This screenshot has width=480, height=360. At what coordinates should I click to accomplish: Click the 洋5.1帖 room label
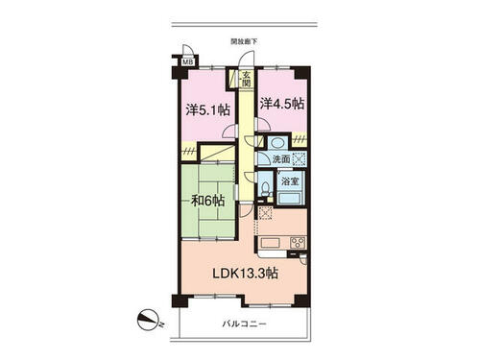point(208,110)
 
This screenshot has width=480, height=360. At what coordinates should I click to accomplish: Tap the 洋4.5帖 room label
point(281,104)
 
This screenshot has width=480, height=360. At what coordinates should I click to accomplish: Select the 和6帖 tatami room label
point(207,201)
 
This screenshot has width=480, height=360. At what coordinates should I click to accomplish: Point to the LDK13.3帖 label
point(246,274)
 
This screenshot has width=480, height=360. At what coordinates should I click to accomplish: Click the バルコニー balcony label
point(245,324)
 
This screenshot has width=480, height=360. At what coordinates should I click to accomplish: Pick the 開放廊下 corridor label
point(244,41)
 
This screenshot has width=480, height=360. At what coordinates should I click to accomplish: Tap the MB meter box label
point(187,61)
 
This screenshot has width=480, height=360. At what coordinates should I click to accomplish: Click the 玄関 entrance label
point(246,80)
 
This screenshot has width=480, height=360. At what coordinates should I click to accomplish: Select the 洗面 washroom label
point(281,159)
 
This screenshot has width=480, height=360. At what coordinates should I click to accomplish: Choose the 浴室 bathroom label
point(290,181)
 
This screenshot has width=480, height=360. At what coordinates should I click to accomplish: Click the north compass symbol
point(149,321)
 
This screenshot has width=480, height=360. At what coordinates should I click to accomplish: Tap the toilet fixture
point(265,189)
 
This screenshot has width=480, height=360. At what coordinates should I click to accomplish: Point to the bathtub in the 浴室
point(290,197)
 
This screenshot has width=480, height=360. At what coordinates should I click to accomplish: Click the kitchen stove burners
point(298,242)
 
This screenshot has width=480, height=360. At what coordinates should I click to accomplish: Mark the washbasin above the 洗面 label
point(277,143)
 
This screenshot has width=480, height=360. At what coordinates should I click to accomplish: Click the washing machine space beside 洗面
point(300,158)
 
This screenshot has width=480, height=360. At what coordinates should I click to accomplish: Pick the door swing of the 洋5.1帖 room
point(229,131)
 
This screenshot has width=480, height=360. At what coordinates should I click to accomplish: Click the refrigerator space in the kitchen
point(265,213)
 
